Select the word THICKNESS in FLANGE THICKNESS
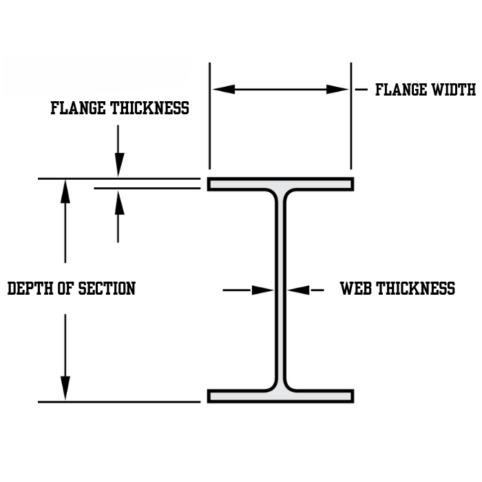pos(149,108)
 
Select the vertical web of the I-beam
pos(281,289)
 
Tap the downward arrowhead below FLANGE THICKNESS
pos(119,166)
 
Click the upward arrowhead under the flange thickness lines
pos(119,201)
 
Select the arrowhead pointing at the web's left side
pos(264,291)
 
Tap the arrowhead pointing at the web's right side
pos(298,291)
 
